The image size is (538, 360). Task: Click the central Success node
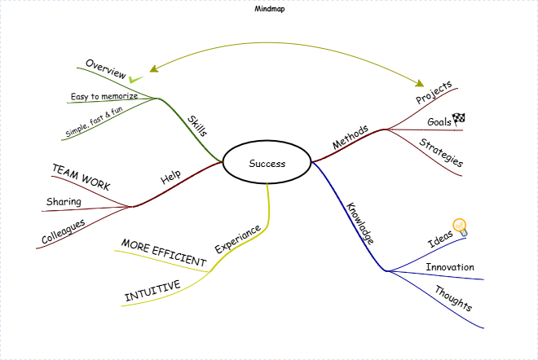click(x=267, y=164)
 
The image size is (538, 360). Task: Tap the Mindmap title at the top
click(x=270, y=10)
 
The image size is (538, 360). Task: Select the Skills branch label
click(x=197, y=125)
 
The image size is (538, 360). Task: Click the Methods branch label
click(x=351, y=137)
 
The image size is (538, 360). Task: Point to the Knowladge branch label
click(x=359, y=223)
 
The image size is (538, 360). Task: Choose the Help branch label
click(x=170, y=176)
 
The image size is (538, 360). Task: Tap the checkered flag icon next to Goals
click(x=458, y=119)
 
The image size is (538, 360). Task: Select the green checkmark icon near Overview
click(x=135, y=79)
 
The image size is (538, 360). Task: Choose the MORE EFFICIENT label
click(x=164, y=253)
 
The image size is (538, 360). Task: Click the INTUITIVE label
click(x=152, y=291)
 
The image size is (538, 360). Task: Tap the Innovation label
click(x=449, y=267)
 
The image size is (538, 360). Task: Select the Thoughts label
click(x=452, y=298)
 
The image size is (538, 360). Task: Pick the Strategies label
click(x=441, y=153)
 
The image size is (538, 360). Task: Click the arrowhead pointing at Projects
click(x=421, y=83)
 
